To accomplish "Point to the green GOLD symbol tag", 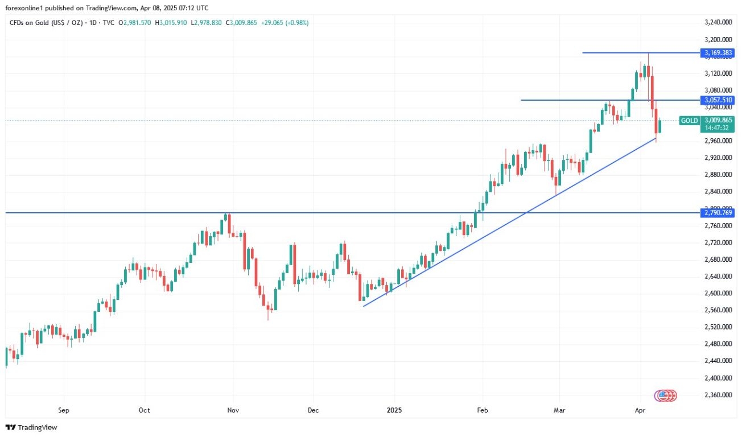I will click(690, 121).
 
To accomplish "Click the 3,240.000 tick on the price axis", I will click(718, 23).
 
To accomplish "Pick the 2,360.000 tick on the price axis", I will click(718, 394).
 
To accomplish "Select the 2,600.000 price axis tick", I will click(718, 293).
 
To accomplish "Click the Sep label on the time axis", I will click(64, 410).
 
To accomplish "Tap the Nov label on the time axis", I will click(232, 410).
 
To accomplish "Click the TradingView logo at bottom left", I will click(32, 427).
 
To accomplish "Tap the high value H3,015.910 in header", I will click(171, 23).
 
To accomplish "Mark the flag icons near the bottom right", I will click(666, 395).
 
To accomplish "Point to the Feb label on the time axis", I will click(483, 410).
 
